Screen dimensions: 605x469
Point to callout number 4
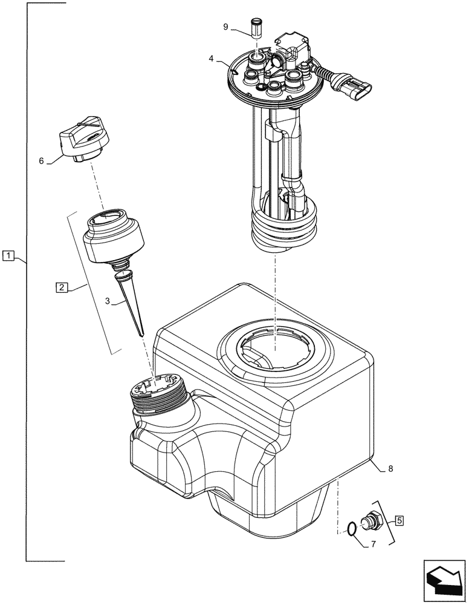211,59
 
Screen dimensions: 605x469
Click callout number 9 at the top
226,27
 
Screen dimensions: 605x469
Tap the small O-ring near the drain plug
347,529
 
